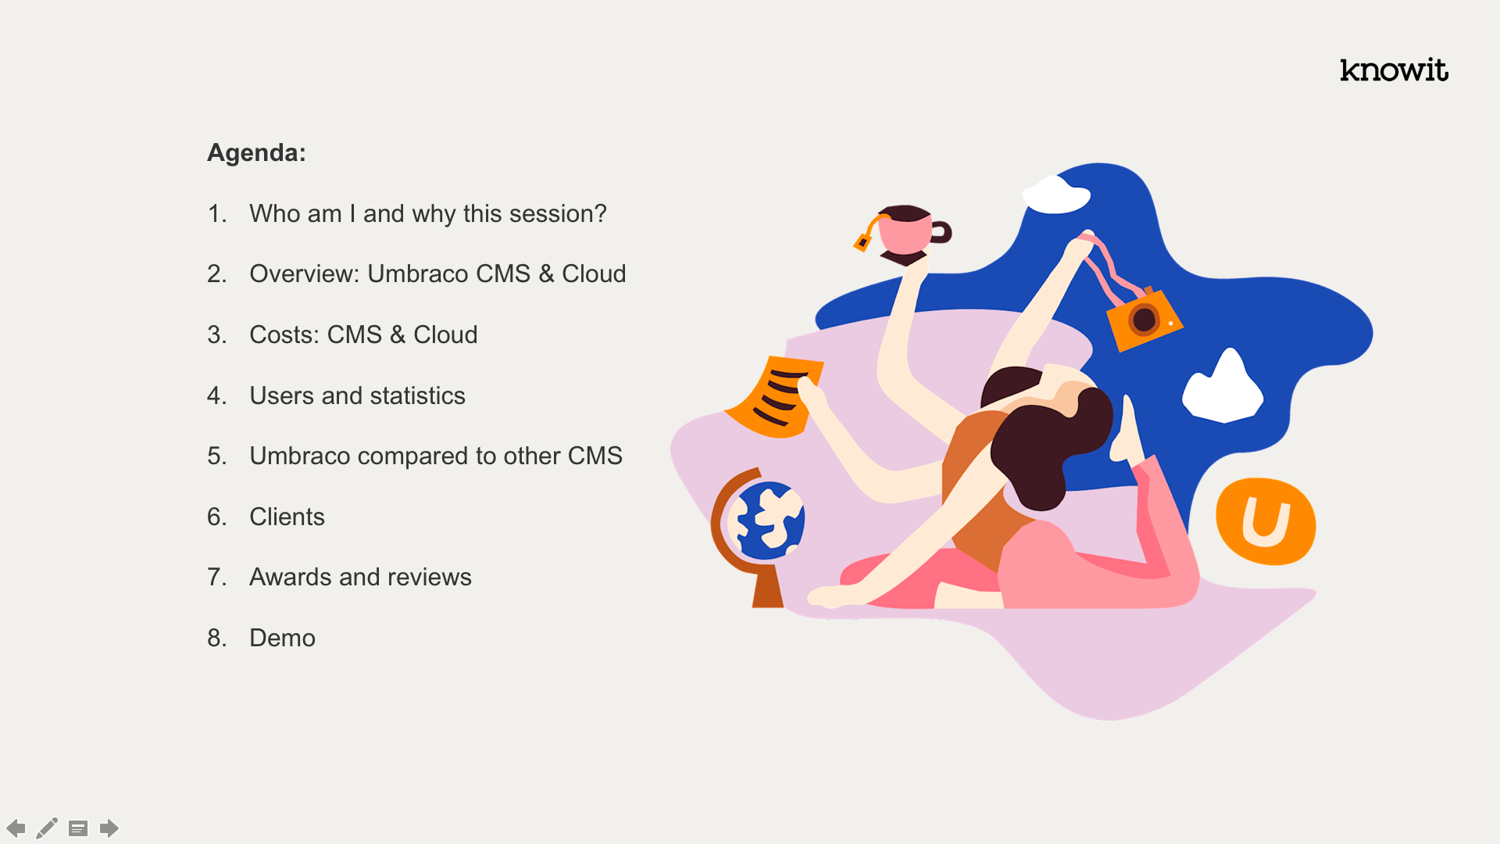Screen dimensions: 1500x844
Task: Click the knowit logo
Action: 1394,70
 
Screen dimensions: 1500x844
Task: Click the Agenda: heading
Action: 256,152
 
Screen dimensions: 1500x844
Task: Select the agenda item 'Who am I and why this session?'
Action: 427,213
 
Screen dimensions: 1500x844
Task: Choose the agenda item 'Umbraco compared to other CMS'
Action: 436,456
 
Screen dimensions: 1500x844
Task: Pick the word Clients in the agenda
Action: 287,517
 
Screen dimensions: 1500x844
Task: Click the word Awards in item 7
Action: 291,577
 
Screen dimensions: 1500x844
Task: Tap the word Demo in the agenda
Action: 282,638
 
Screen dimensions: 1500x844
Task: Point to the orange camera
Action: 1145,319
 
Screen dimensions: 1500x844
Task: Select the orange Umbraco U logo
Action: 1266,521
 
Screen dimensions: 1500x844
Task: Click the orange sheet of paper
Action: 775,396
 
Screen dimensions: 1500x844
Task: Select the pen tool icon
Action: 47,828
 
